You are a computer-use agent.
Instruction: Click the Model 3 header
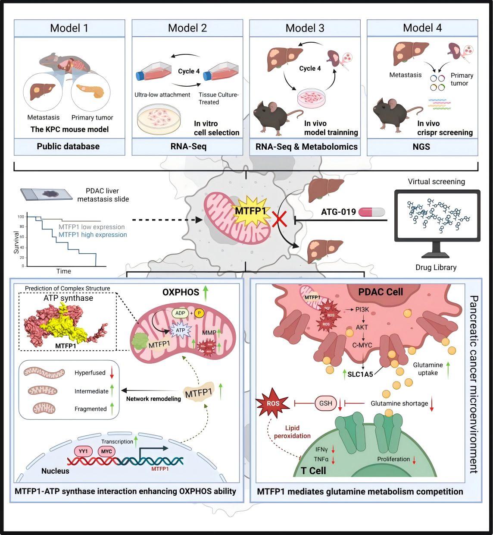305,28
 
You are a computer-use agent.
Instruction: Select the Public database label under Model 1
68,147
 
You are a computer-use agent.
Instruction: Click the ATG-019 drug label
338,212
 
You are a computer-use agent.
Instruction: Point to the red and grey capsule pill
371,212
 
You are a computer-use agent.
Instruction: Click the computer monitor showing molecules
437,216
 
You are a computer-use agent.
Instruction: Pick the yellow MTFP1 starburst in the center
251,211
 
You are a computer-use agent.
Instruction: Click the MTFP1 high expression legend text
93,235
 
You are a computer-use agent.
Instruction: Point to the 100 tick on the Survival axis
21,217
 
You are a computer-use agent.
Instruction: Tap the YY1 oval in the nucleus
83,451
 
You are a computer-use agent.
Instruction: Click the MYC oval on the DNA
106,451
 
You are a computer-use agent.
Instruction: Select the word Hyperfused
90,373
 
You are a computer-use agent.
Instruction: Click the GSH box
326,403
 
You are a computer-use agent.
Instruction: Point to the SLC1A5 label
360,374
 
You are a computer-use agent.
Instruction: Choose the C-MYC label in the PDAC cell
362,345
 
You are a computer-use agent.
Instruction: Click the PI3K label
362,309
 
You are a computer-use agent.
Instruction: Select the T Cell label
313,471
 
